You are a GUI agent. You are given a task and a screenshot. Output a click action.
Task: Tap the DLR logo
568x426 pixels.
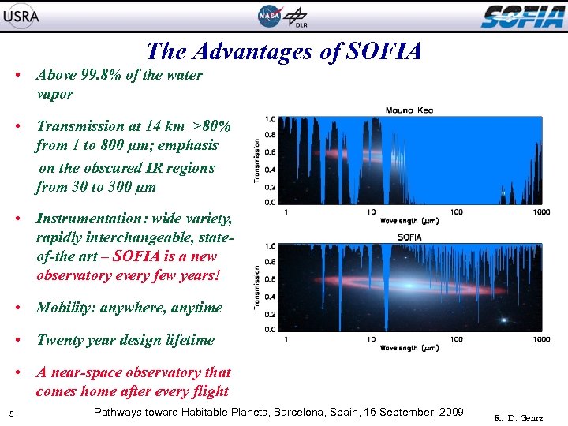(x=297, y=17)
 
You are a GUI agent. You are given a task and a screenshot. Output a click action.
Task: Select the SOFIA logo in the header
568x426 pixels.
(x=522, y=16)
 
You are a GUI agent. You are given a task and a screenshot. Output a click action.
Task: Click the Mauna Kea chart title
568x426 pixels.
(x=409, y=110)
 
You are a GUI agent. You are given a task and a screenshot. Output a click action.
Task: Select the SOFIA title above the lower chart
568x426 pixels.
(x=409, y=237)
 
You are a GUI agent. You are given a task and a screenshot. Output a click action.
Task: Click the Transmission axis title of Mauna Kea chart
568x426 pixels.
(x=256, y=161)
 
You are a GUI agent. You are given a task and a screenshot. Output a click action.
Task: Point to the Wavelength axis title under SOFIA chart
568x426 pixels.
(x=409, y=347)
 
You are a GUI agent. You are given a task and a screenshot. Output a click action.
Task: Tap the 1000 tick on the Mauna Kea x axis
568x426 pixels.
(x=541, y=211)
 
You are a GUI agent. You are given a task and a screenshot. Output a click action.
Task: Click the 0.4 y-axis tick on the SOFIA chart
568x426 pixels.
(x=271, y=296)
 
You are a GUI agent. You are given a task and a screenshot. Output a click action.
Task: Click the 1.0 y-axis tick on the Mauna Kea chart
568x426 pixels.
(x=271, y=119)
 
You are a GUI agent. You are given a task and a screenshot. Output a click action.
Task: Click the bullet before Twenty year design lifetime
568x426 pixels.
(x=17, y=340)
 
